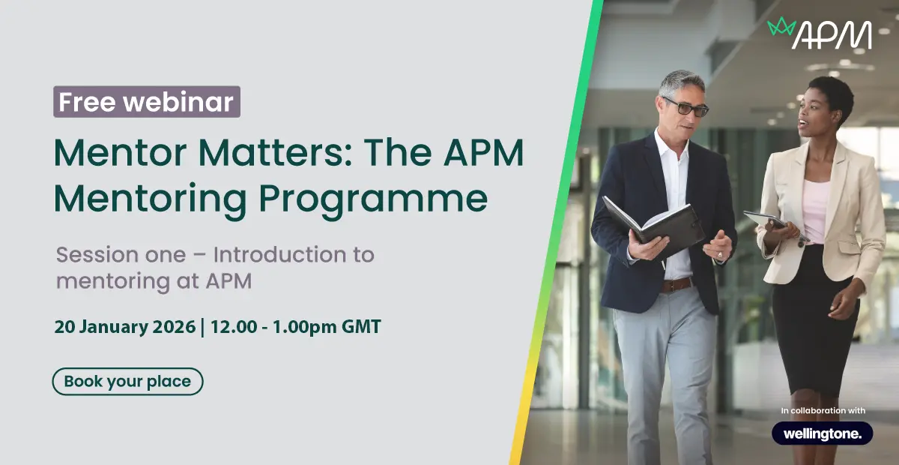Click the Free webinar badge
tap(147, 102)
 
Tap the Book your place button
tap(127, 382)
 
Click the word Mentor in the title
tap(121, 153)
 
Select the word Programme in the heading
tap(373, 199)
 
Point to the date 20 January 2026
tap(125, 327)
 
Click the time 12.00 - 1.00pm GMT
tap(296, 327)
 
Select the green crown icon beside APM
tap(781, 26)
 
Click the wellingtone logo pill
tap(823, 433)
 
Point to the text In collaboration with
tap(823, 411)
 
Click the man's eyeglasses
tap(687, 107)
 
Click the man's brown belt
tap(676, 285)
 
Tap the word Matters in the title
tap(276, 153)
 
